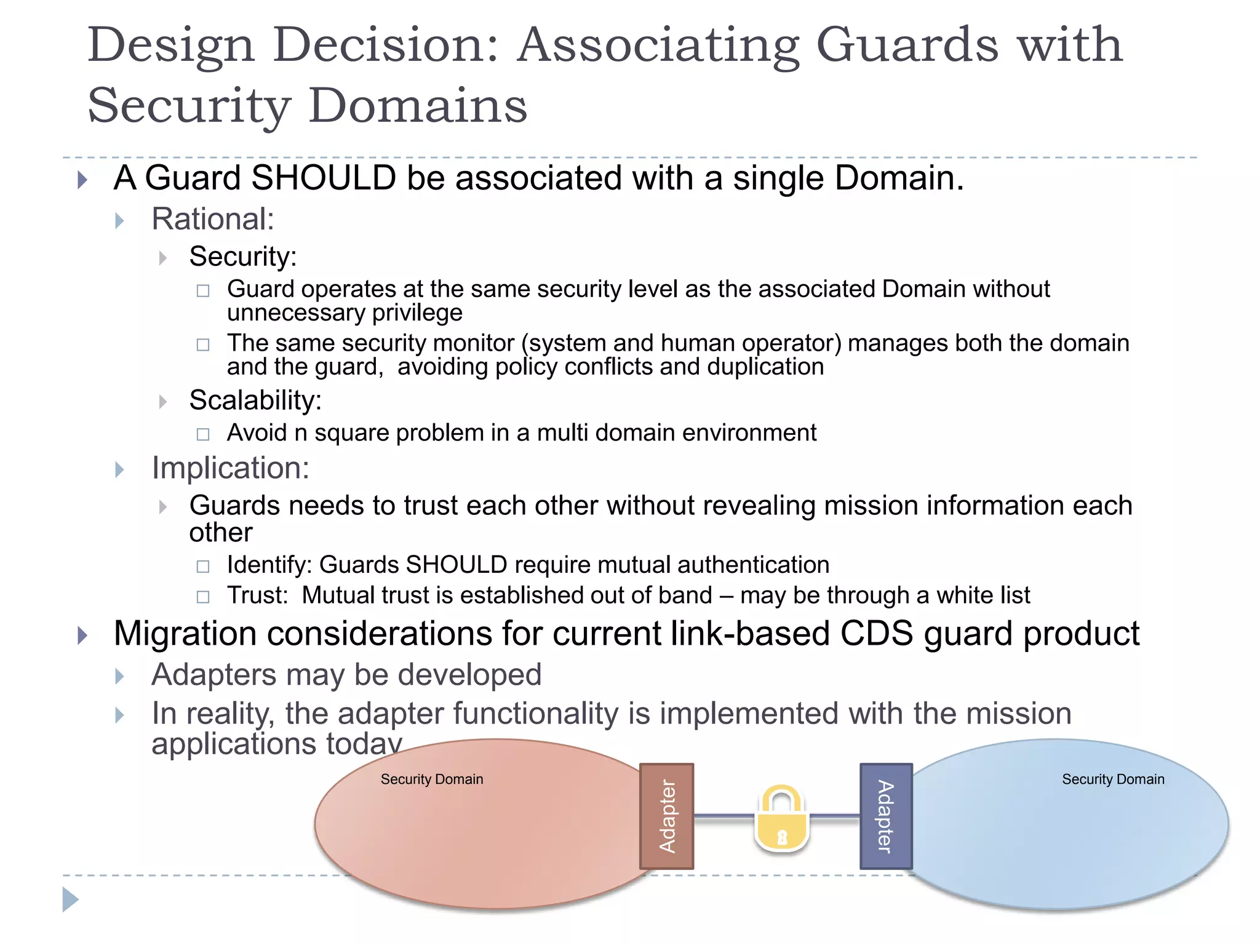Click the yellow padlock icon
[x=781, y=819]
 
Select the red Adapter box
[x=667, y=816]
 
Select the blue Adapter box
[x=886, y=816]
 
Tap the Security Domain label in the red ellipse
[x=432, y=780]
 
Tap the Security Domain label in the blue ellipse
[x=1113, y=780]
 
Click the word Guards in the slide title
[x=907, y=46]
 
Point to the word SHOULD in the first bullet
[x=324, y=178]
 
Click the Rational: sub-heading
[x=213, y=219]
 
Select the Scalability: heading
[x=255, y=401]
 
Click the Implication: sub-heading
[x=231, y=468]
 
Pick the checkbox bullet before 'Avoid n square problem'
[x=203, y=434]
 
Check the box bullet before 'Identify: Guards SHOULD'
[x=203, y=566]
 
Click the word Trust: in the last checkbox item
[x=258, y=596]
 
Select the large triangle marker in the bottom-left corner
[x=70, y=899]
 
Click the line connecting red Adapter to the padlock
[x=724, y=817]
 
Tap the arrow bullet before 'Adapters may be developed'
[x=120, y=676]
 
